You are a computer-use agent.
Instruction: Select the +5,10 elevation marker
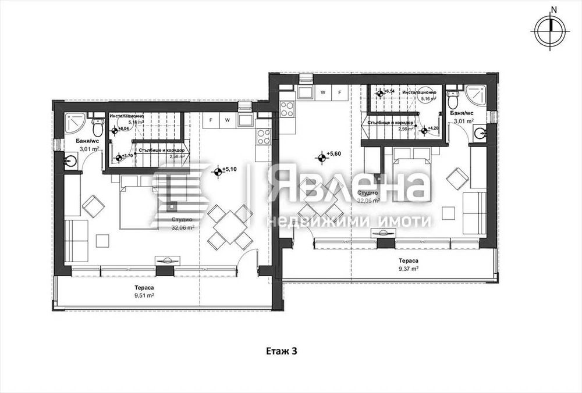tap(218, 171)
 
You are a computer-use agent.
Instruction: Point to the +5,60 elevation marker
tap(321, 156)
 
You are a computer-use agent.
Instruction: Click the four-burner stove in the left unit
tap(264, 137)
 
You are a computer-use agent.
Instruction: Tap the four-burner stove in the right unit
tap(287, 109)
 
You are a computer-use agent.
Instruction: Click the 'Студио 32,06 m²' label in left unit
tap(182, 224)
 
